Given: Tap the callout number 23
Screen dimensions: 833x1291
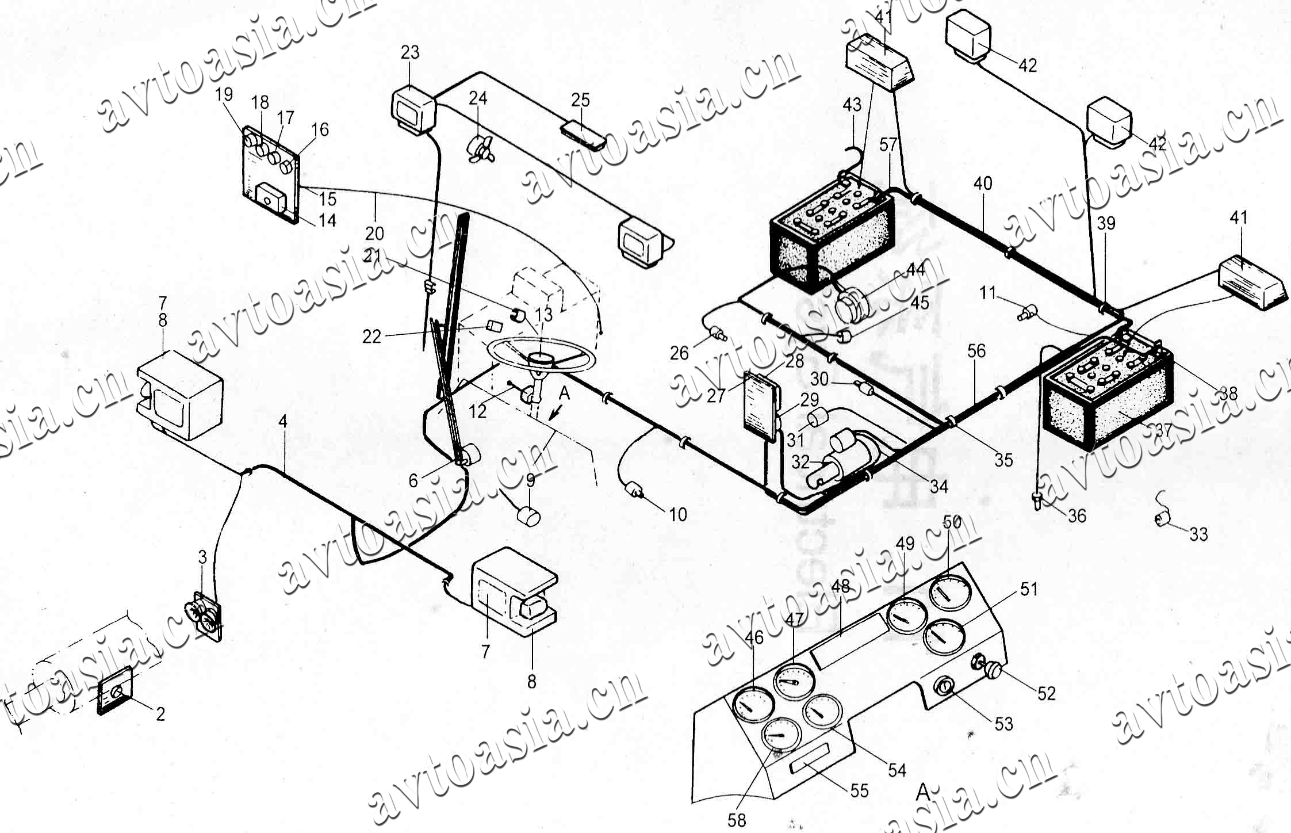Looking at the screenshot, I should (x=410, y=53).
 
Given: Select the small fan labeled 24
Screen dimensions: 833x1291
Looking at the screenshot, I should (x=480, y=149).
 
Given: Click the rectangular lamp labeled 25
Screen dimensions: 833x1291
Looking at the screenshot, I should (x=583, y=135).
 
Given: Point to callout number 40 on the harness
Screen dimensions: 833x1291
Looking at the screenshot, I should (x=983, y=184).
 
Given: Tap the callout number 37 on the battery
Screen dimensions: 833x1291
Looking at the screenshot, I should (x=1163, y=430).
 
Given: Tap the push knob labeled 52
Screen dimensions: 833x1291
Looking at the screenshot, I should (x=994, y=671).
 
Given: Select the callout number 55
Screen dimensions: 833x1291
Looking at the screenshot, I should (x=859, y=790).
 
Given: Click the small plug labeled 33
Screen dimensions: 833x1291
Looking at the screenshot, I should (x=1162, y=520).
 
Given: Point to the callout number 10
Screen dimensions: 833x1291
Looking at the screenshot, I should (x=678, y=514).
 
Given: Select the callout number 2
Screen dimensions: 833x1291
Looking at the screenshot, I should (x=160, y=714).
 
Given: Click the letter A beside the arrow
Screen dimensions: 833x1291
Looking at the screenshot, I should (x=564, y=393).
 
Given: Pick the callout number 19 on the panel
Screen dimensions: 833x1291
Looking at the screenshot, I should (x=224, y=94).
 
